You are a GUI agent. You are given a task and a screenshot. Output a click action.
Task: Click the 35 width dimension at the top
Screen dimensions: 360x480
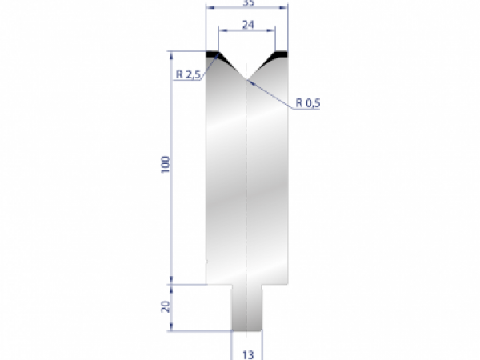[x=247, y=3]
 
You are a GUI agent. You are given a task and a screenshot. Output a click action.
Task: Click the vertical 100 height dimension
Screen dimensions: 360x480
[x=165, y=166]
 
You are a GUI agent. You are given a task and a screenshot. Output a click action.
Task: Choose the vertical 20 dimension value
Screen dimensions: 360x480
[x=165, y=307]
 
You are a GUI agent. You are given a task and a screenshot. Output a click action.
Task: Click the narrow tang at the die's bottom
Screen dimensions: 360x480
[x=247, y=308]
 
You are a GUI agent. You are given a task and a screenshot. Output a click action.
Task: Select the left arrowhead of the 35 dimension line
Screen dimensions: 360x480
[x=209, y=7]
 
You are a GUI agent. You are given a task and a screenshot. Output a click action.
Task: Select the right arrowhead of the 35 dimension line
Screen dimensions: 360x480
[x=286, y=7]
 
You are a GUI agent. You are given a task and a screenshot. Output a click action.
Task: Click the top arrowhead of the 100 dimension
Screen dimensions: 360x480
[x=171, y=55]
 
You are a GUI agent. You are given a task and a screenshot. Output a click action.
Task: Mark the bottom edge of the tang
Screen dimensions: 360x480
[x=247, y=330]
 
